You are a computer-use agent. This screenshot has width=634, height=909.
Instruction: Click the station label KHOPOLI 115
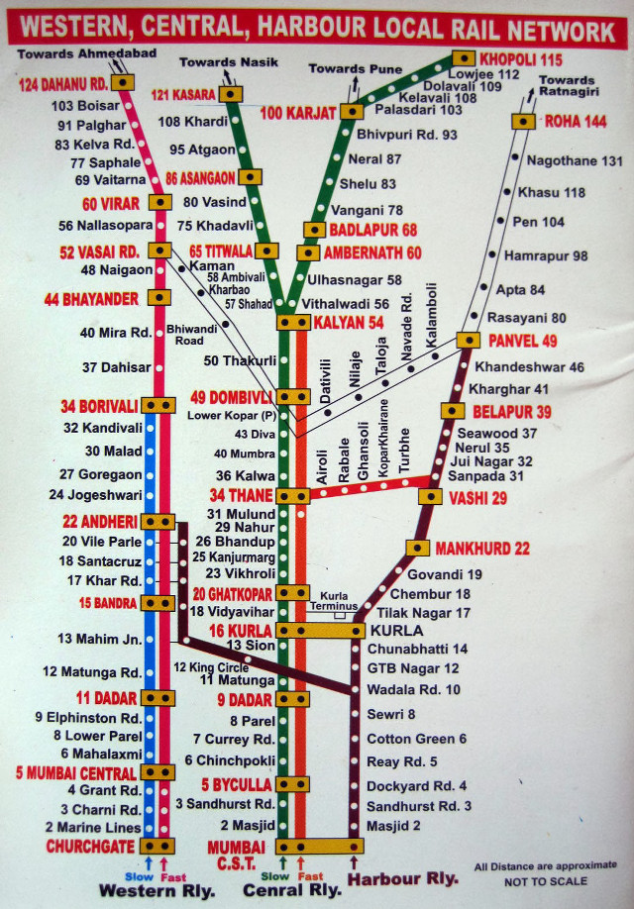click(521, 58)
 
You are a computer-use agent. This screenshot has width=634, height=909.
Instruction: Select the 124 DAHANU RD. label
click(62, 82)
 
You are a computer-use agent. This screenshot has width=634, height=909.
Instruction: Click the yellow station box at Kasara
click(232, 94)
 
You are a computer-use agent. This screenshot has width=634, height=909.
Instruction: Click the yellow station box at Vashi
click(430, 497)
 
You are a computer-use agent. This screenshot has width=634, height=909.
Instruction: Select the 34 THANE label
click(242, 495)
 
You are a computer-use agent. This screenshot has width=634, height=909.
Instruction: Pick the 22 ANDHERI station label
click(99, 522)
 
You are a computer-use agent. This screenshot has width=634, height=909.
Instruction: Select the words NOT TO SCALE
click(545, 881)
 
